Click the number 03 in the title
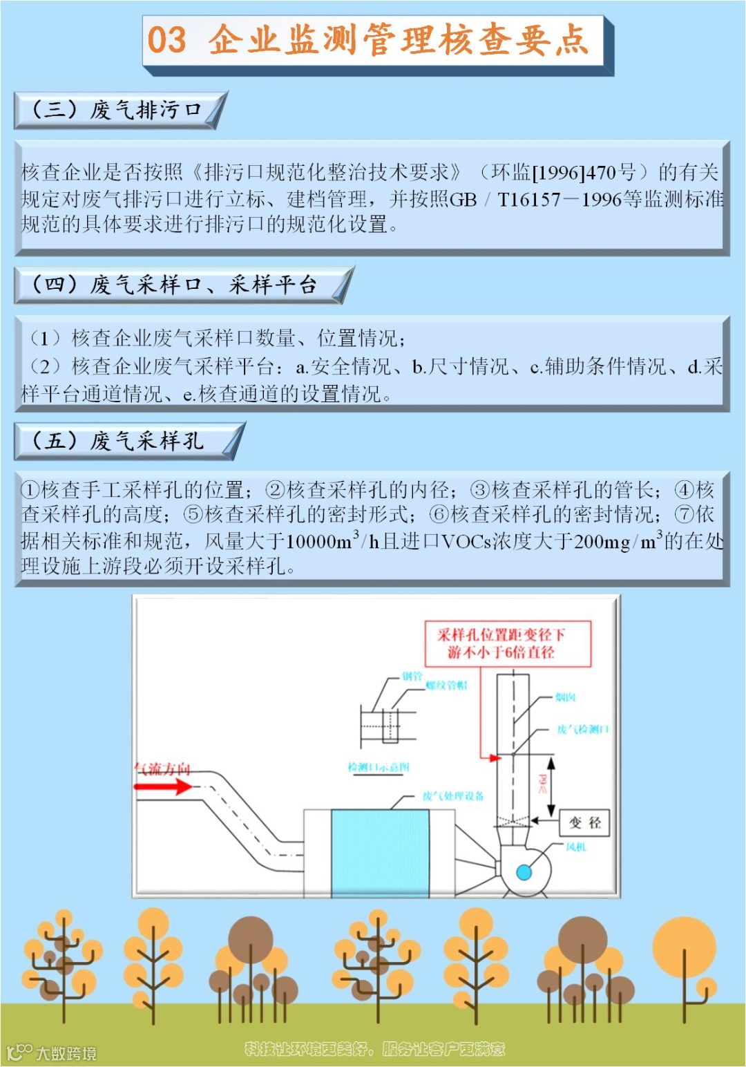point(167,40)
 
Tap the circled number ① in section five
point(30,491)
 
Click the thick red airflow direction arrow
point(163,786)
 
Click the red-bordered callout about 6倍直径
point(508,643)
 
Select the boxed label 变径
point(584,822)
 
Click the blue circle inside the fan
point(524,872)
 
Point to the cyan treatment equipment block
point(380,853)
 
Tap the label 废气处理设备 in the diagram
point(453,796)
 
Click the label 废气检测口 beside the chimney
point(583,729)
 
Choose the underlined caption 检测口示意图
point(379,767)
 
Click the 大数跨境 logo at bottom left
point(52,1052)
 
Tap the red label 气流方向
point(163,768)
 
